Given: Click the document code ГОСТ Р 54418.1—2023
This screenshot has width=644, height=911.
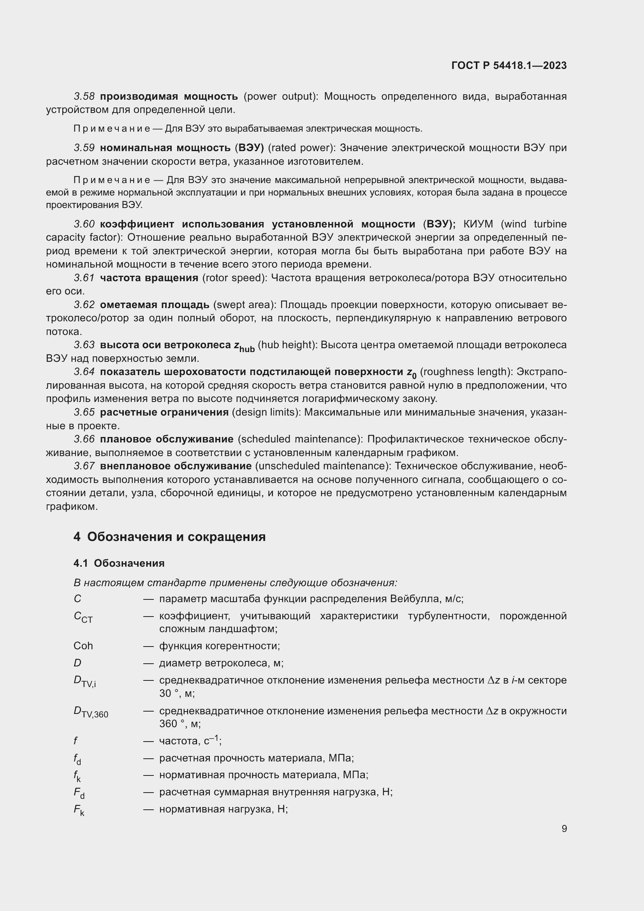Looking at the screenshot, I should click(x=509, y=66).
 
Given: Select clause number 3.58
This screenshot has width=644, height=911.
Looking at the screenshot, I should click(x=84, y=97).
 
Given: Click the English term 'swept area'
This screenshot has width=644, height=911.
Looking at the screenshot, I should click(x=244, y=305).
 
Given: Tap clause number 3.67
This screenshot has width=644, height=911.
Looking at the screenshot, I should click(x=84, y=466).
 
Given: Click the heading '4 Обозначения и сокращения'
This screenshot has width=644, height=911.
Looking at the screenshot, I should click(x=169, y=537).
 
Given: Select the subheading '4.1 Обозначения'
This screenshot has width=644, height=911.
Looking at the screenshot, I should click(x=119, y=563).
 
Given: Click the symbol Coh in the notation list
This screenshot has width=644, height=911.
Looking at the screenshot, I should click(x=83, y=645).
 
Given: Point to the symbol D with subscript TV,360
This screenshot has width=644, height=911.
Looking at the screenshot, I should click(x=90, y=712).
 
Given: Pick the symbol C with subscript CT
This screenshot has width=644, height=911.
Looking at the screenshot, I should click(x=83, y=617).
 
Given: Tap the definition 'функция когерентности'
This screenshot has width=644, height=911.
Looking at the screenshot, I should click(x=219, y=645).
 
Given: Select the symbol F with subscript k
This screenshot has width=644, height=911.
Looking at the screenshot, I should click(x=79, y=810).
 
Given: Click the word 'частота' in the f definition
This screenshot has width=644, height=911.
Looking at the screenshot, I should click(x=178, y=741).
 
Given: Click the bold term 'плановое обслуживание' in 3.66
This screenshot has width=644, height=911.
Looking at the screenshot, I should click(x=167, y=439).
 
